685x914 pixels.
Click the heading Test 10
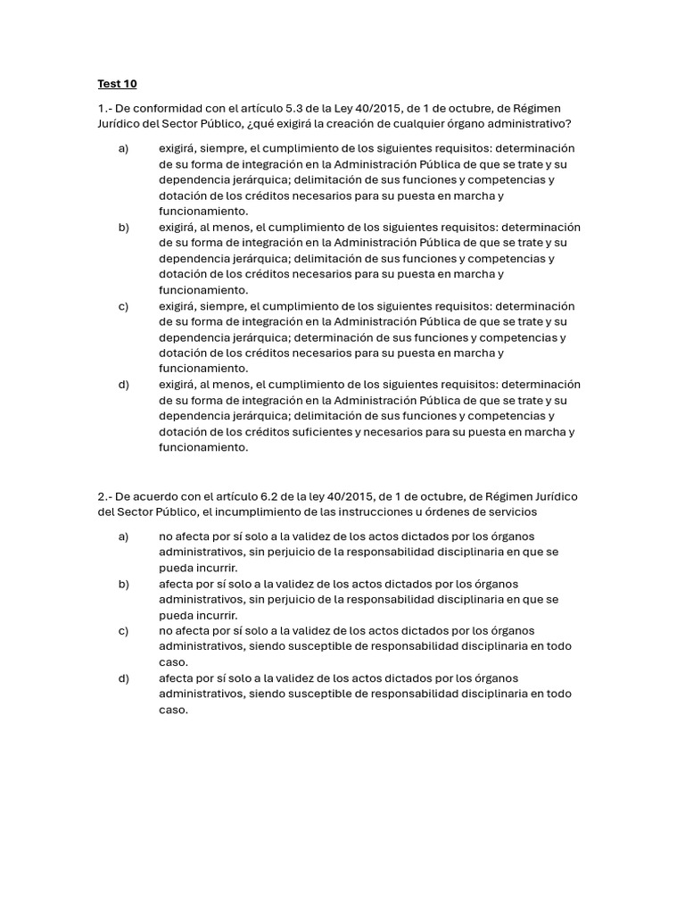pyautogui.click(x=117, y=84)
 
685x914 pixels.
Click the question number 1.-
pyautogui.click(x=104, y=108)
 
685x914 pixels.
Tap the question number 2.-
pyautogui.click(x=104, y=496)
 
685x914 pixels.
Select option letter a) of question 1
pyautogui.click(x=123, y=148)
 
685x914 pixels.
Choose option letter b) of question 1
pyautogui.click(x=123, y=228)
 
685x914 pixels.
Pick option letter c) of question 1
pyautogui.click(x=123, y=306)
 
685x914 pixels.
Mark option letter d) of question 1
pyautogui.click(x=123, y=385)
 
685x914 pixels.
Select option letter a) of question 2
pyautogui.click(x=123, y=536)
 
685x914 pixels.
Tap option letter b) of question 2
pyautogui.click(x=123, y=584)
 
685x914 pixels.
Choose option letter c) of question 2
pyautogui.click(x=123, y=631)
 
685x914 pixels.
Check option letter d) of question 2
pyautogui.click(x=123, y=678)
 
